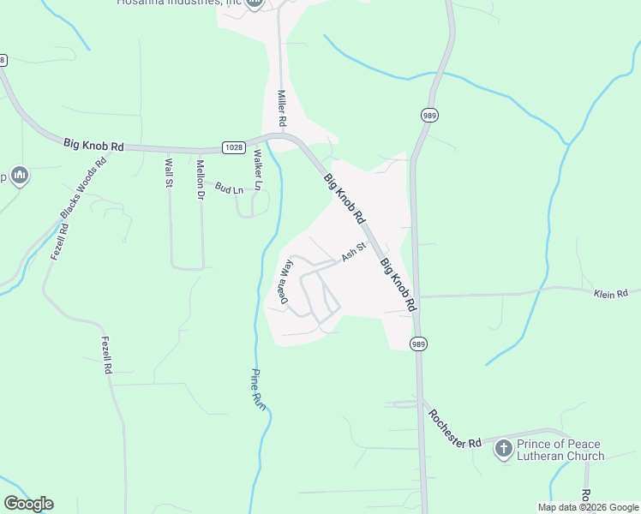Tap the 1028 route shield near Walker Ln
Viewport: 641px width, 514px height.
(233, 147)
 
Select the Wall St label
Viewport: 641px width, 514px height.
(169, 172)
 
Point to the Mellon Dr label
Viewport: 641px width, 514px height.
(201, 175)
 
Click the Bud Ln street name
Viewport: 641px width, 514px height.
(229, 188)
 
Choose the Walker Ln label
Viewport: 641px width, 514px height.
(257, 170)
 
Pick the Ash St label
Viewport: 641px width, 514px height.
(354, 251)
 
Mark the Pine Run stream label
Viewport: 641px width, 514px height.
(258, 388)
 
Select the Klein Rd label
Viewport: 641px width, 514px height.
(611, 293)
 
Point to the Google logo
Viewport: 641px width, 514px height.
(28, 504)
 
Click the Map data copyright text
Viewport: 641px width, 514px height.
(587, 507)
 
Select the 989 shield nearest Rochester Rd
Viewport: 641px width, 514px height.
(418, 344)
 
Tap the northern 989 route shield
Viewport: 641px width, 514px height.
(429, 115)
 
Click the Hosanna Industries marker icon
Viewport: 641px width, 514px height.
(255, 4)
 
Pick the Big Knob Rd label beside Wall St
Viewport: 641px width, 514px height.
(93, 145)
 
